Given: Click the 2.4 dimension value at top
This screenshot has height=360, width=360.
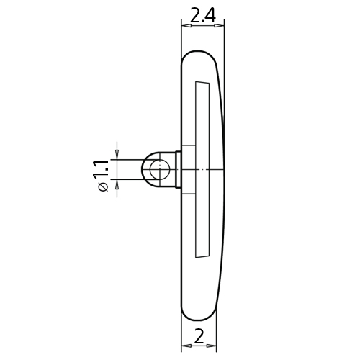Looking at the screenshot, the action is [x=203, y=15].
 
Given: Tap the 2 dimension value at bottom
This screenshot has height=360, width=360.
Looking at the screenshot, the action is [x=199, y=336].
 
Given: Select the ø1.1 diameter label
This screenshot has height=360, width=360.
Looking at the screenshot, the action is [x=101, y=176].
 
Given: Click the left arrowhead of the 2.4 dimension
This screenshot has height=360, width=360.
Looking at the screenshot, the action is [x=186, y=26].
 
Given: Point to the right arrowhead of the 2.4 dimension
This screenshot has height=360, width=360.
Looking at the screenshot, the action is [x=219, y=26].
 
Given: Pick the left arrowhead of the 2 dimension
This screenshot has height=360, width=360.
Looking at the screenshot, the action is [x=186, y=346].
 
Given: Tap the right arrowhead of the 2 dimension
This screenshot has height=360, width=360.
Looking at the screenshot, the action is [x=211, y=346].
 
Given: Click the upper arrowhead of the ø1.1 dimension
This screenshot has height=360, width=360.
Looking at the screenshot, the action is [x=117, y=154].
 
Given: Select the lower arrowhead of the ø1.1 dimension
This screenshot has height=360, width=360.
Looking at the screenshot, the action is [x=117, y=184].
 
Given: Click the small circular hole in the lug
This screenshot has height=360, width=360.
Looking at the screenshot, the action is [x=160, y=170].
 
